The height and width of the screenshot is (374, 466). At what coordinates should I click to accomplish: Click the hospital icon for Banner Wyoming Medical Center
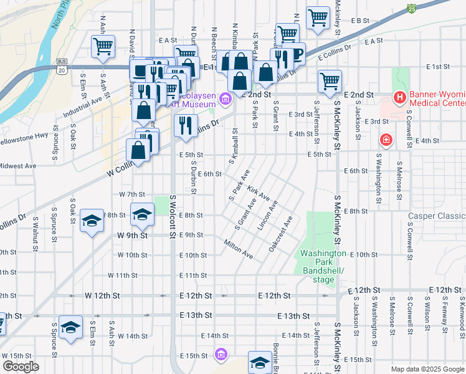pos(399,98)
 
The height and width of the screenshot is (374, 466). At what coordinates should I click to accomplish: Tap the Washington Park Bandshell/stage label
pos(323,266)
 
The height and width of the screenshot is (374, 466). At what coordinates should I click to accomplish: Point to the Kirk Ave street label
pos(258,193)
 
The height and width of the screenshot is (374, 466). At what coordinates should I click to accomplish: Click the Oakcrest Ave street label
pos(281,234)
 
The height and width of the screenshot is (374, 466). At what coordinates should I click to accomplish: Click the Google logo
pos(20,367)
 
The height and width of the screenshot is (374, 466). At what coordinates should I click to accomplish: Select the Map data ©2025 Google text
pos(427,369)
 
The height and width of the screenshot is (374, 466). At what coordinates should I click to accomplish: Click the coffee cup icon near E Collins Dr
pos(293,54)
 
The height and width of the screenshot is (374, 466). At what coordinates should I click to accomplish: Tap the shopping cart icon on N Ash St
pos(103,45)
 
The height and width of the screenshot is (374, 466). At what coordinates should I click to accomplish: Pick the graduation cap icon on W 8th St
pos(142,214)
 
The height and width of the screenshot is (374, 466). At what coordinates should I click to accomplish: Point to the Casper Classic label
pos(437,216)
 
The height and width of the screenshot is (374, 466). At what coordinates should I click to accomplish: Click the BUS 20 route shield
pos(61,66)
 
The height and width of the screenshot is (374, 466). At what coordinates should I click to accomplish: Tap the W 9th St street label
pos(132,236)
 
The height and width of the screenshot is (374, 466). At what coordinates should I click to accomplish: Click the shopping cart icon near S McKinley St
pos(330,80)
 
